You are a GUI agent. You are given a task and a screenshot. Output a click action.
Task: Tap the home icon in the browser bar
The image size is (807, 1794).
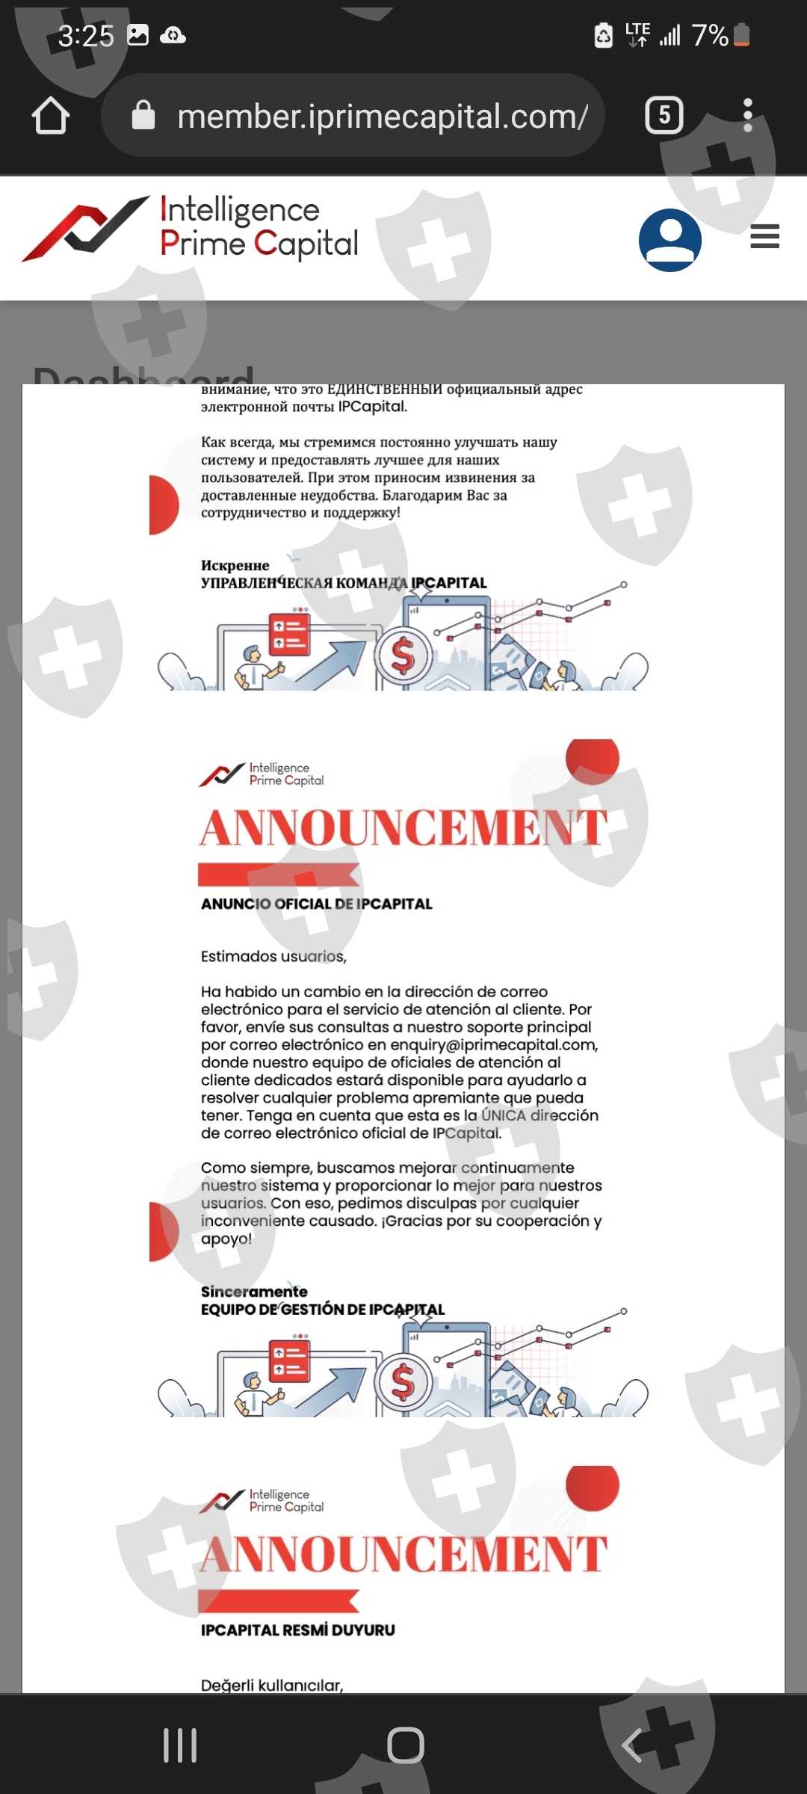point(51,116)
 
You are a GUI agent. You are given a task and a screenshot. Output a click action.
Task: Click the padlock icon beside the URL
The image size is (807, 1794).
point(143,116)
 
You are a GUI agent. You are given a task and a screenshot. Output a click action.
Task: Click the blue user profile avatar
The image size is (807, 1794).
point(670,239)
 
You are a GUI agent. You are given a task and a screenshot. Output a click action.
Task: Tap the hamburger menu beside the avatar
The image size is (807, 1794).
point(764,236)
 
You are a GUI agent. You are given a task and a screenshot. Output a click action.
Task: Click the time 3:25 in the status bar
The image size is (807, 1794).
point(86,36)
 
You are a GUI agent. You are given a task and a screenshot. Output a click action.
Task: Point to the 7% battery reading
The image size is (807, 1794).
point(710,35)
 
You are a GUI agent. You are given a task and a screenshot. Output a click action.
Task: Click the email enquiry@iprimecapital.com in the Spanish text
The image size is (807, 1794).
point(493,1044)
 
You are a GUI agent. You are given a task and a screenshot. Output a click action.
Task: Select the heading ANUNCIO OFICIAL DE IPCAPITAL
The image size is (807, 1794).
point(316,904)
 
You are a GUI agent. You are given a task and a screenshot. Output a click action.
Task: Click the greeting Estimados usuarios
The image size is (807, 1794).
point(273,956)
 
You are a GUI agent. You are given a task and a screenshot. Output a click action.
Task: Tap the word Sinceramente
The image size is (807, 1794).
point(254,1291)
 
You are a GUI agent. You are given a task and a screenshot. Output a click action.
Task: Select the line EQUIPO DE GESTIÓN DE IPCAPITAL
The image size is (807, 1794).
point(322,1309)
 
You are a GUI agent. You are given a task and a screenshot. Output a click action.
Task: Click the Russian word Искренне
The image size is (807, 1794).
point(235,565)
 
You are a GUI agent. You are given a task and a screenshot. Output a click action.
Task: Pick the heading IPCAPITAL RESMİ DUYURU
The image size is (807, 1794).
point(297,1630)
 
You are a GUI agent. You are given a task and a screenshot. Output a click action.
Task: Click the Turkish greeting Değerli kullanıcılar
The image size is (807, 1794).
point(271,1685)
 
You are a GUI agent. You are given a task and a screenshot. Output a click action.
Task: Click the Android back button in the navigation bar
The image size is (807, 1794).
point(632,1745)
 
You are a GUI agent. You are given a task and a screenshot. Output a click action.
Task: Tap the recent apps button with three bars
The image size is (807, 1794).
point(180,1745)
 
